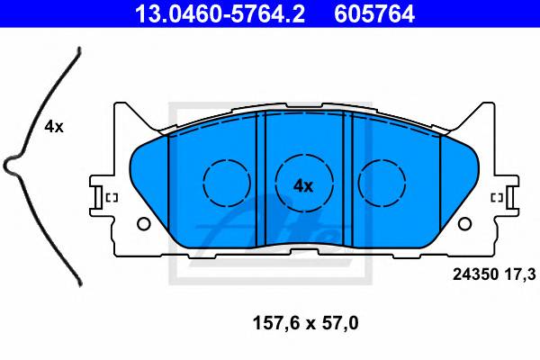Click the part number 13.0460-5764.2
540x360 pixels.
tap(220, 13)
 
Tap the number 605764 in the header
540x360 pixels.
tap(374, 13)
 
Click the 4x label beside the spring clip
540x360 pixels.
tap(54, 127)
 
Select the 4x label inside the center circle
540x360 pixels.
tap(303, 186)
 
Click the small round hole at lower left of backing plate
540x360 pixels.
tap(144, 224)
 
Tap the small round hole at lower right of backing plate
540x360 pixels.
tap(464, 224)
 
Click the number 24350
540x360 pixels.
tap(475, 274)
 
